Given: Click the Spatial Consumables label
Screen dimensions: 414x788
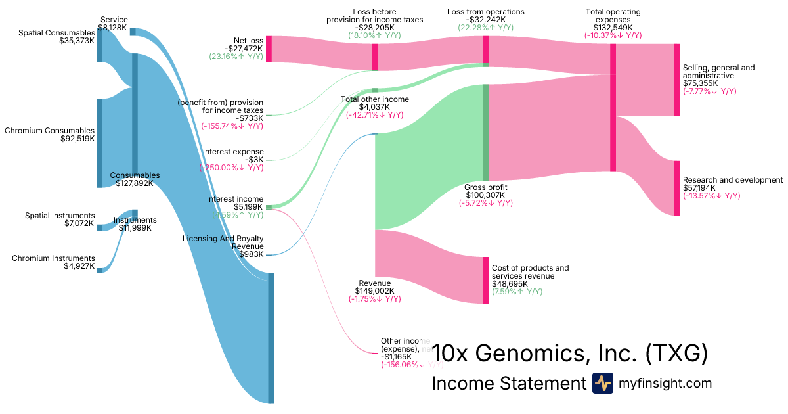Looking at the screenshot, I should [56, 32].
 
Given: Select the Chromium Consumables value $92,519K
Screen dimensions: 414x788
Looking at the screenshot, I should [77, 139].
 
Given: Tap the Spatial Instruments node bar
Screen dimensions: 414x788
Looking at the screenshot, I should [100, 227].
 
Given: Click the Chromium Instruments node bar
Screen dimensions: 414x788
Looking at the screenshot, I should [100, 269].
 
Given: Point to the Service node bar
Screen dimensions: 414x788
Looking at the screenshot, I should [133, 32].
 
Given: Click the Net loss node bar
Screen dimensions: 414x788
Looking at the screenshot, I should [269, 49].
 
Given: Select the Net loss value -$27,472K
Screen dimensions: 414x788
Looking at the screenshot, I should [244, 49].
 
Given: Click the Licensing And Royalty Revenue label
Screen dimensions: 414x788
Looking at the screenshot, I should [223, 242].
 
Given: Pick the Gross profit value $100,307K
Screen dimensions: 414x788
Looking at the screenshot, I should [486, 195].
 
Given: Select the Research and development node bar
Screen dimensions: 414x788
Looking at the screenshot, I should [677, 188].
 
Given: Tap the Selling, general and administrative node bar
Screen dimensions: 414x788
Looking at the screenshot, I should [677, 80].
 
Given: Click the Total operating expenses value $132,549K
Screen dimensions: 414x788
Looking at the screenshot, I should [613, 28].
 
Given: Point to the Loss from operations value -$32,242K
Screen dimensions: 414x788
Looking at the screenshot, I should [486, 20].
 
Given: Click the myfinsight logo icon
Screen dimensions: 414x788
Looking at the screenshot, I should [602, 383].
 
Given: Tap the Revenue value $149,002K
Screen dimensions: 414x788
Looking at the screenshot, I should [374, 290].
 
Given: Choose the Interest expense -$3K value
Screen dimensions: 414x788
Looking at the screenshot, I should [255, 160].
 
